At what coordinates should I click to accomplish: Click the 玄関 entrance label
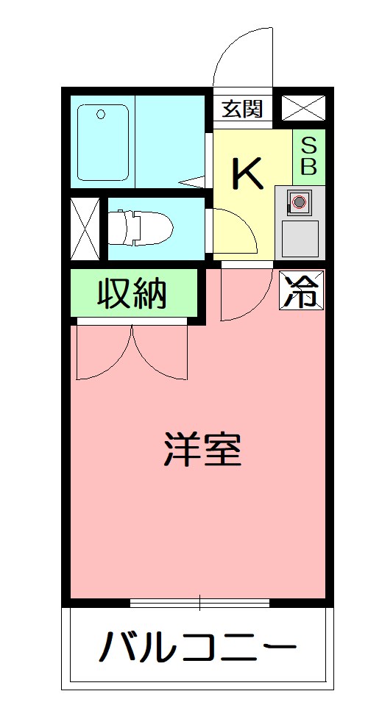click(242, 110)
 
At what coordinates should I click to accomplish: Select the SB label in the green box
click(309, 155)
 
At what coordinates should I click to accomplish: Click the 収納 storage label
click(133, 293)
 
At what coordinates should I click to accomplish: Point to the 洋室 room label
click(202, 449)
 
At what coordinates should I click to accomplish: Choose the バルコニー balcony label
click(198, 648)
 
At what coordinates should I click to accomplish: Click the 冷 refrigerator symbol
click(302, 290)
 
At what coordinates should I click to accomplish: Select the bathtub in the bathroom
click(103, 144)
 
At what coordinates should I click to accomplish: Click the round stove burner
click(298, 201)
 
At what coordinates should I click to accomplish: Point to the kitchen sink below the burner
click(300, 237)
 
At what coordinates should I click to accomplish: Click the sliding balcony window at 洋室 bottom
click(199, 604)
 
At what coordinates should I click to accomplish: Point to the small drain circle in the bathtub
click(101, 113)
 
